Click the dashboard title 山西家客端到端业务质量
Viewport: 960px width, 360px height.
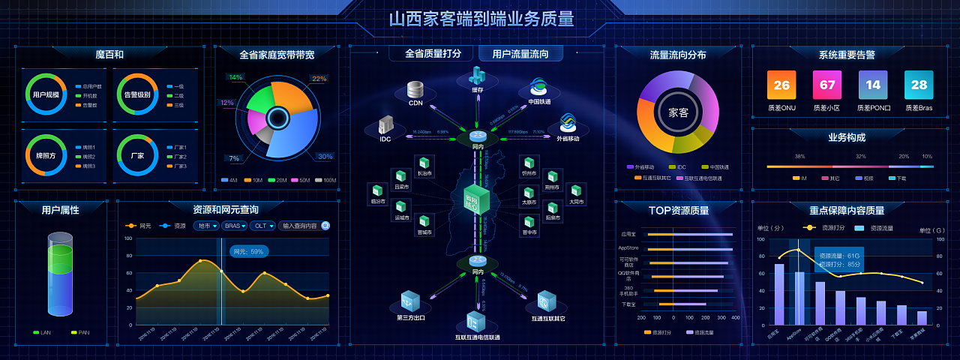tap(481, 19)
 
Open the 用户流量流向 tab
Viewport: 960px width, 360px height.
tap(520, 54)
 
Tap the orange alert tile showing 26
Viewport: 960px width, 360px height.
tap(781, 85)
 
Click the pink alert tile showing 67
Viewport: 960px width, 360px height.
tap(827, 85)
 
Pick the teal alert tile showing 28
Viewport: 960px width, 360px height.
tap(919, 85)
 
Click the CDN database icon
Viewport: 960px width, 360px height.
tap(415, 90)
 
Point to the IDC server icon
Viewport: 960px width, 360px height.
tap(385, 125)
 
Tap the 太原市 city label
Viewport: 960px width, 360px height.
tap(529, 202)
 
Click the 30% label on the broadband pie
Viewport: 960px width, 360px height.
tap(324, 157)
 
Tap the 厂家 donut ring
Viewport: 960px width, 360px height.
tap(137, 155)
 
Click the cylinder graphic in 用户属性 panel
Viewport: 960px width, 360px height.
tap(61, 274)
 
